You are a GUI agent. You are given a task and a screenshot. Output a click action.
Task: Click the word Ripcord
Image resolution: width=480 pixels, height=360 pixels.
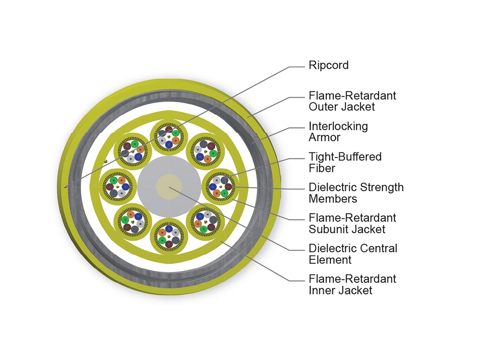click(328, 65)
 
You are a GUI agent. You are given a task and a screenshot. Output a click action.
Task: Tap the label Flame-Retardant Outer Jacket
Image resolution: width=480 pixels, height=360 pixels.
click(352, 101)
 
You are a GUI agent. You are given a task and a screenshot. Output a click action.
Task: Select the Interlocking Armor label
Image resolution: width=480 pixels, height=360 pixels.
click(338, 132)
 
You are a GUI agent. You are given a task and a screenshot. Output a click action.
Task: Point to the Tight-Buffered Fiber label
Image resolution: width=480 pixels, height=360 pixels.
click(345, 162)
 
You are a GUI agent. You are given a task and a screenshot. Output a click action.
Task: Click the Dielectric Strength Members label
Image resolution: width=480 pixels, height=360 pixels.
click(356, 192)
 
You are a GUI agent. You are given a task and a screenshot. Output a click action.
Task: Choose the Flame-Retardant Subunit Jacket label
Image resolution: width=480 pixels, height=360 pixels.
click(352, 223)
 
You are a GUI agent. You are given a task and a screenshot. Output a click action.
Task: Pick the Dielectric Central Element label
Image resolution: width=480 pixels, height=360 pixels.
click(353, 254)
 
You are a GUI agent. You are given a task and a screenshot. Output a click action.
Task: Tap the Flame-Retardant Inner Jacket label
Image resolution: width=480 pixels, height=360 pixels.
click(352, 284)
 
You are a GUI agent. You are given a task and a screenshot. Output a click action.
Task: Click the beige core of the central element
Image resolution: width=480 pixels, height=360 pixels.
click(169, 186)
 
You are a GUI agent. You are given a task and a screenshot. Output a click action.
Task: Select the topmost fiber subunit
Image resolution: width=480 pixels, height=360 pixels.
click(169, 137)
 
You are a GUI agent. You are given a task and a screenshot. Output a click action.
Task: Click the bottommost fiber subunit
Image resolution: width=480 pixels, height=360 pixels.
click(169, 236)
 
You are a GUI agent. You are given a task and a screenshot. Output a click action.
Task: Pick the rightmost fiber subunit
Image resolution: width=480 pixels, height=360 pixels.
click(221, 186)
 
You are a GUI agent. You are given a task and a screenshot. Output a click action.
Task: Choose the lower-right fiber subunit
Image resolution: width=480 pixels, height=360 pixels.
click(205, 222)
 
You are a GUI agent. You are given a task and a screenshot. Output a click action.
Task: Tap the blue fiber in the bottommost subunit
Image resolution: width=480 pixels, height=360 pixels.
click(169, 229)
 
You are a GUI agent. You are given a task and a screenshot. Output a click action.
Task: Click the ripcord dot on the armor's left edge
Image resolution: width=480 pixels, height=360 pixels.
click(66, 186)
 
